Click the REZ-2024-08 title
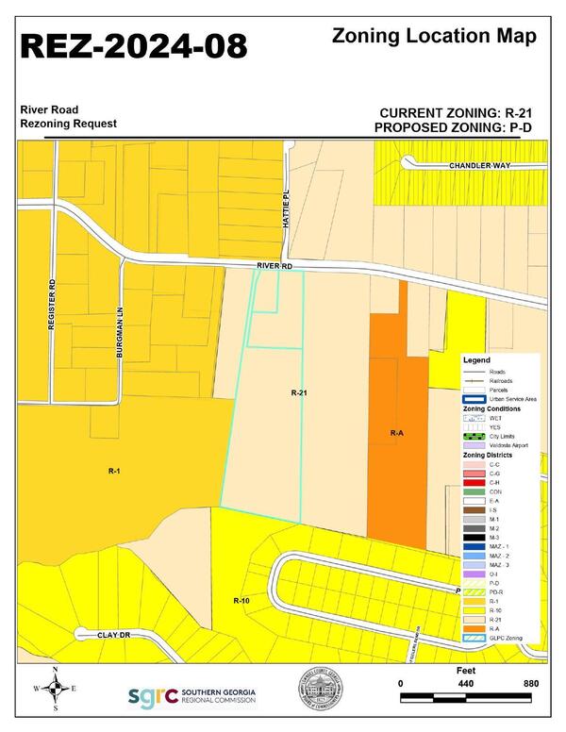(134, 45)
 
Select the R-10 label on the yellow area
(241, 600)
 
